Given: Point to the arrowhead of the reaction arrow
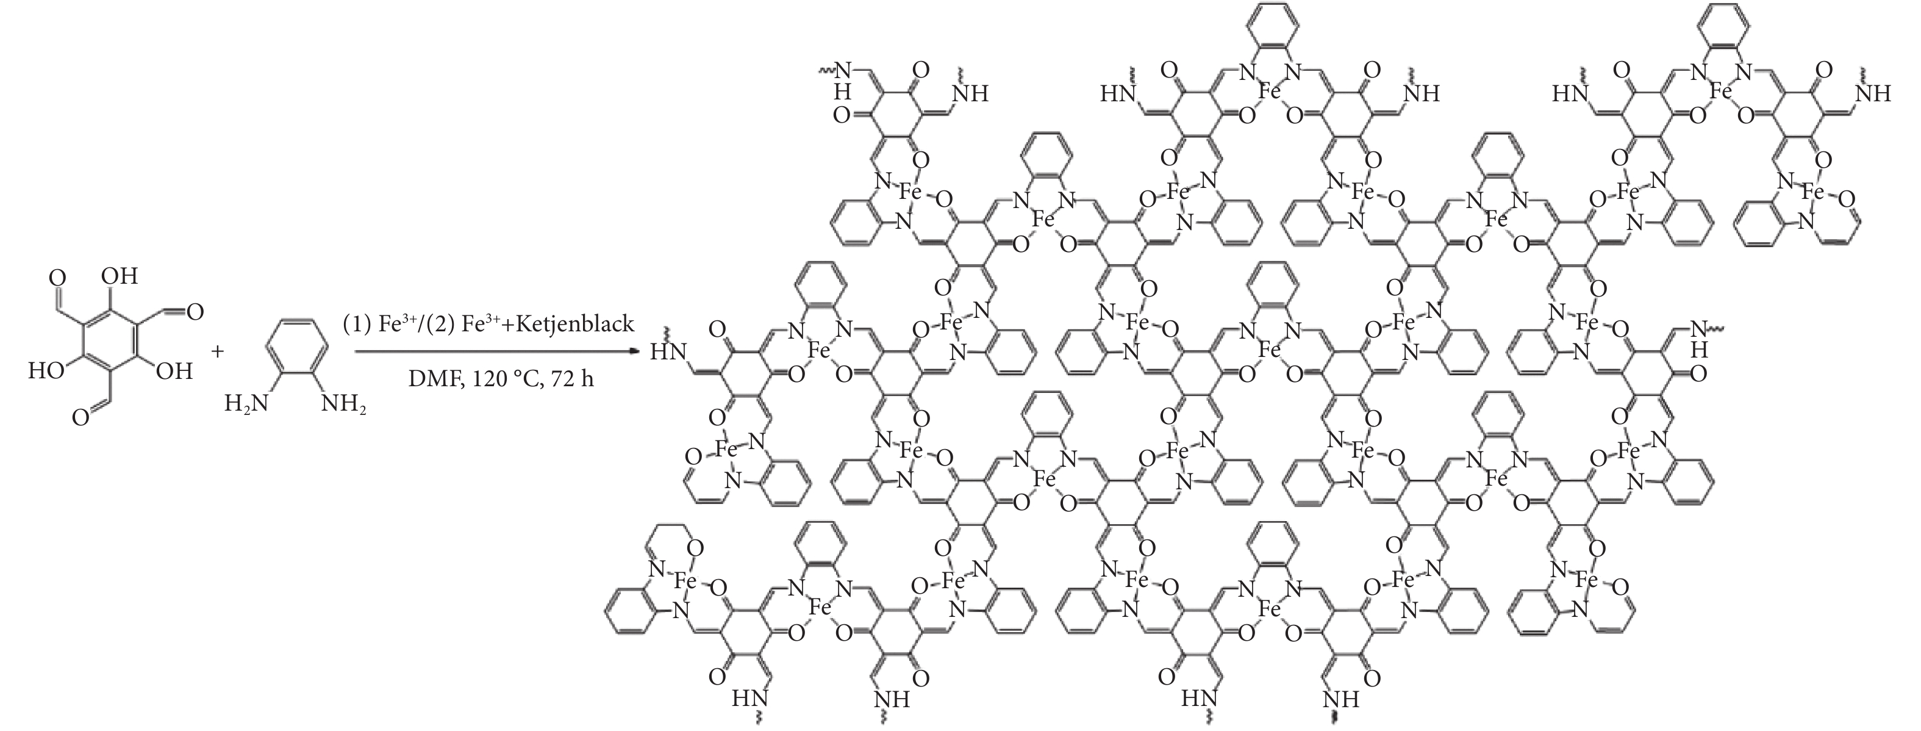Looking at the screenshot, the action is [635, 350].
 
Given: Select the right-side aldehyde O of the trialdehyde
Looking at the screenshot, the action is [195, 311].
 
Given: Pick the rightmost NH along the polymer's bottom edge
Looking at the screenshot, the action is [1340, 700].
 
